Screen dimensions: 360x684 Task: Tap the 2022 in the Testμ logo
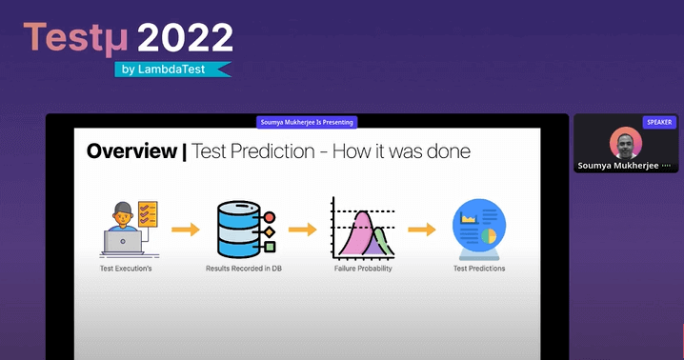point(185,38)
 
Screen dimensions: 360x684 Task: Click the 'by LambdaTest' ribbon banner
point(172,70)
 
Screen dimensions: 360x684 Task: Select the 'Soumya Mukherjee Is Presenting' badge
point(307,122)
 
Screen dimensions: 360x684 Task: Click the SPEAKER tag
point(658,122)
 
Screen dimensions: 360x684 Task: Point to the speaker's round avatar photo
point(625,143)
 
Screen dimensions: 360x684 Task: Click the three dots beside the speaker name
point(666,166)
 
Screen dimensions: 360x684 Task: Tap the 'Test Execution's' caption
point(127,269)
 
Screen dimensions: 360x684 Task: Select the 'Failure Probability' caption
point(363,269)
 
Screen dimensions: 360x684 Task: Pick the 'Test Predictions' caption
point(479,269)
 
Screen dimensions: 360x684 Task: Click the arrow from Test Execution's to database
point(185,230)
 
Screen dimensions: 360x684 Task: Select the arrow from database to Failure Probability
point(302,230)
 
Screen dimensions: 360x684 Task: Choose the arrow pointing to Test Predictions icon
point(421,230)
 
